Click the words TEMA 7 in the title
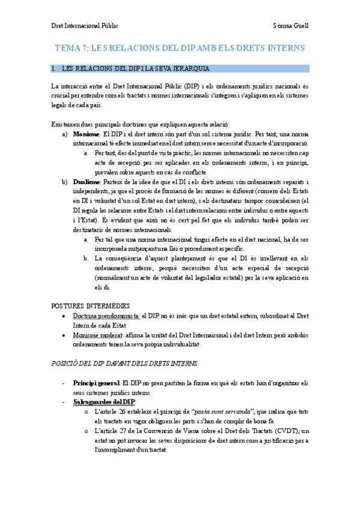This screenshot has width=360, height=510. [72, 48]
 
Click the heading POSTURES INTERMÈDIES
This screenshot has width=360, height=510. [91, 305]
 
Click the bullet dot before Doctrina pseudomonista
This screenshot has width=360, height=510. [64, 316]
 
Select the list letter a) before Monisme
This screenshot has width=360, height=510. [64, 133]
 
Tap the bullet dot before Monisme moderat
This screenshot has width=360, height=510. [64, 335]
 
